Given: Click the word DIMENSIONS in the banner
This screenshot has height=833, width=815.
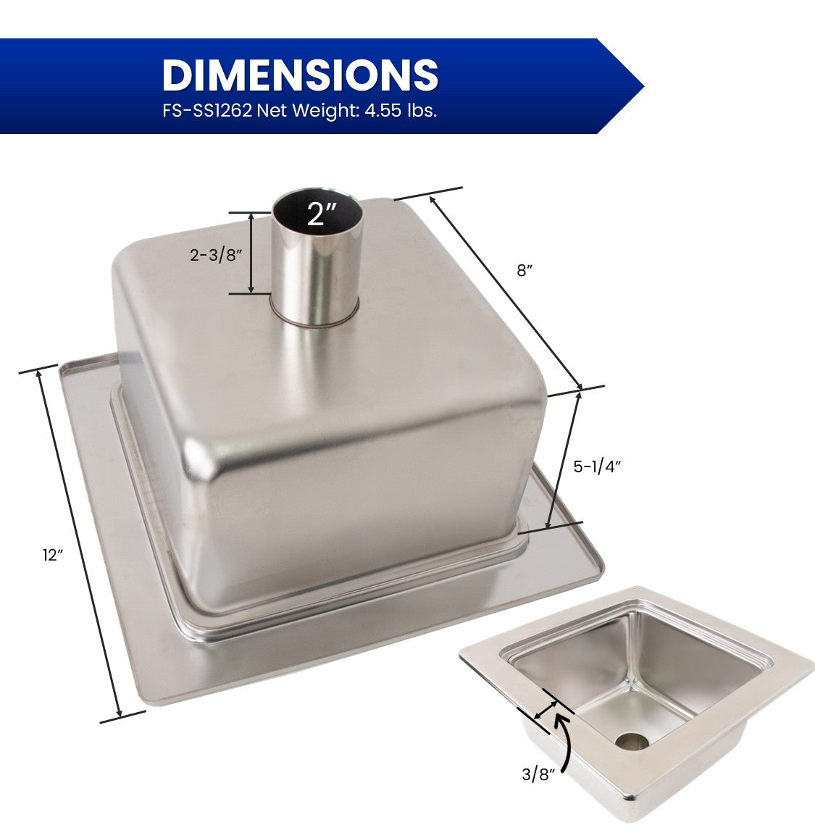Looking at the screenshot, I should click(x=300, y=75).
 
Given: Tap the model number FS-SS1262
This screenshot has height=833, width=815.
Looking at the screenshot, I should click(x=206, y=112).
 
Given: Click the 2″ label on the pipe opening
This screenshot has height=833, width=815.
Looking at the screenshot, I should click(x=322, y=214).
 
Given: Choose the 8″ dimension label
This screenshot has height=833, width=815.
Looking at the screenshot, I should click(x=524, y=270).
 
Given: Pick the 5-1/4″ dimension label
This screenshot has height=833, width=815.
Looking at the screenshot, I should click(x=597, y=466).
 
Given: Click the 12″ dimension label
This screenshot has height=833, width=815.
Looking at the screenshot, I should click(x=53, y=555).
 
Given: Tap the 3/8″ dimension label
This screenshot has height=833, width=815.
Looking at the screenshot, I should click(x=538, y=774).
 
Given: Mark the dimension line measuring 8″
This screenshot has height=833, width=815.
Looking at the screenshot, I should click(x=505, y=291).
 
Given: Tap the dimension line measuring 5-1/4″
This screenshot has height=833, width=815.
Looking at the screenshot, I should click(x=564, y=458).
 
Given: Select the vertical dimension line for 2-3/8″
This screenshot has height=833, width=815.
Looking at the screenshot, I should click(x=251, y=253).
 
